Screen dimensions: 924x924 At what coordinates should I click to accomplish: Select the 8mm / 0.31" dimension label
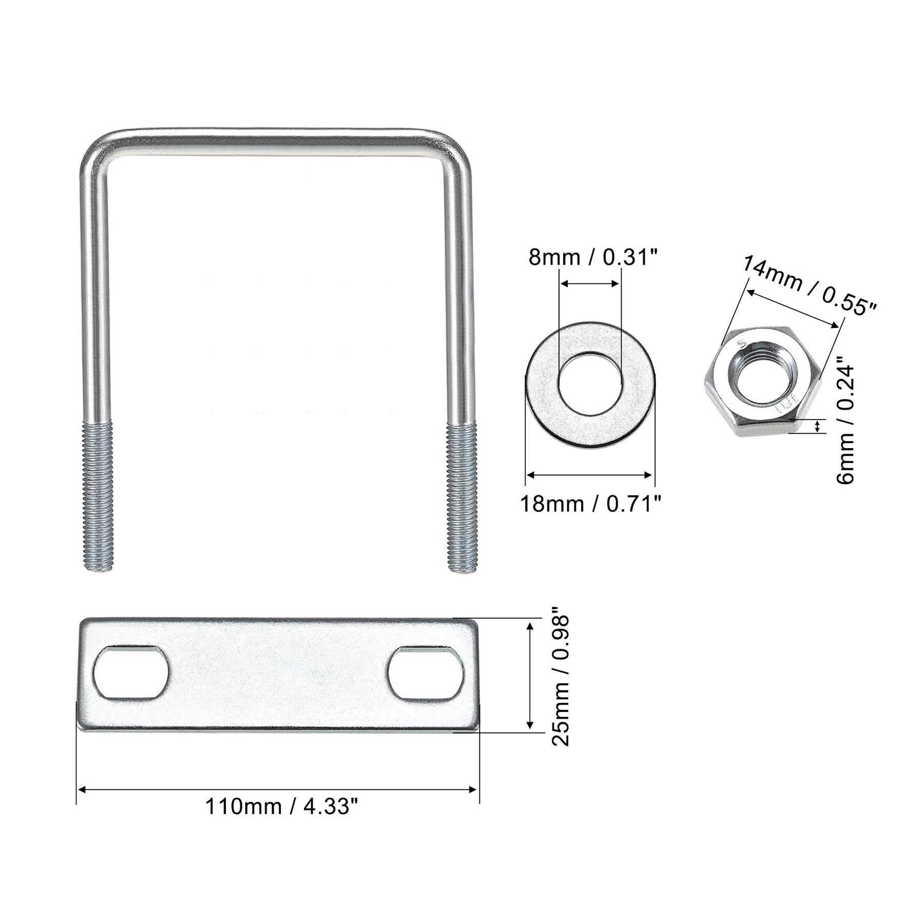pyautogui.click(x=593, y=257)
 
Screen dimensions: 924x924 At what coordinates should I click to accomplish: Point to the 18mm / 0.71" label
pyautogui.click(x=590, y=504)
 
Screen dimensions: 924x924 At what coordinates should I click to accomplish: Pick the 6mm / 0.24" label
pyautogui.click(x=845, y=424)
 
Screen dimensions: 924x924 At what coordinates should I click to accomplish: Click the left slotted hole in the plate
pyautogui.click(x=131, y=672)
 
